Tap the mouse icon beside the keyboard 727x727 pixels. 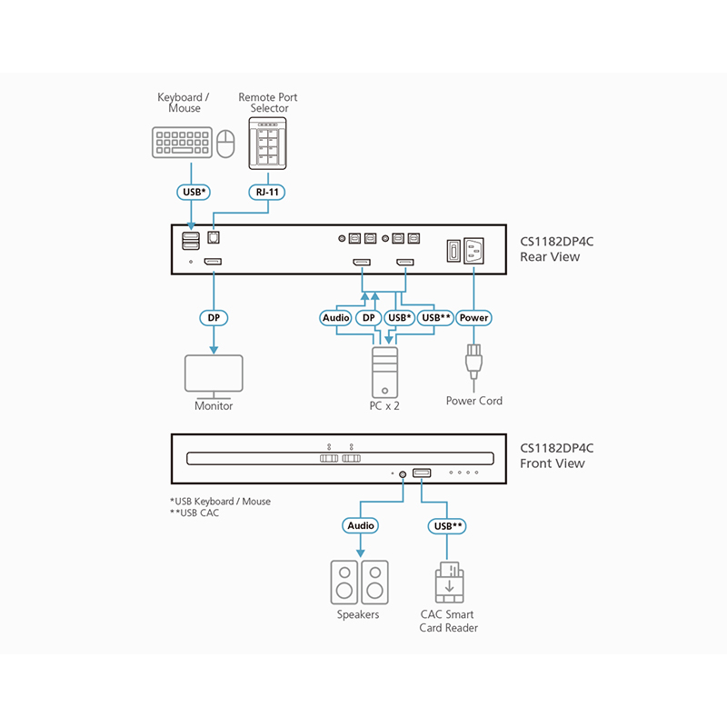click(x=226, y=144)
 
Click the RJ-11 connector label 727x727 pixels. click(x=268, y=192)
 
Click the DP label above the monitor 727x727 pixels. click(x=214, y=318)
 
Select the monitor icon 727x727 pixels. click(x=214, y=374)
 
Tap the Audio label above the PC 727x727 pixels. click(x=336, y=318)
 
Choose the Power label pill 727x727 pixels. click(x=473, y=318)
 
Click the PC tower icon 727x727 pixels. click(x=383, y=371)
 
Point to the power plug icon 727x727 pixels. click(x=473, y=362)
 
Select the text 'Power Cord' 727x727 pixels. click(x=473, y=401)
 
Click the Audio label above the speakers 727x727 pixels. click(x=360, y=525)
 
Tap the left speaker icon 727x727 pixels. click(x=344, y=582)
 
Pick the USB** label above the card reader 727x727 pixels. click(x=447, y=525)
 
